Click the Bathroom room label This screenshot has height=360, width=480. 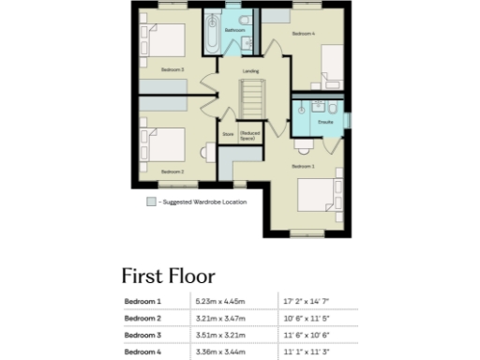click(234, 31)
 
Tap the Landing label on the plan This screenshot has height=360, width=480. click(250, 71)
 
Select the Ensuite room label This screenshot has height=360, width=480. click(326, 123)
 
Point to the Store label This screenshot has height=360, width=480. click(227, 134)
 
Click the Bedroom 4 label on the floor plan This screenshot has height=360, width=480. click(303, 34)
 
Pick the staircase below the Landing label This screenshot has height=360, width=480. click(251, 99)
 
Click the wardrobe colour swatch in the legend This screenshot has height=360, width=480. click(151, 202)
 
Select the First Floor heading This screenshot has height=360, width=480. click(168, 276)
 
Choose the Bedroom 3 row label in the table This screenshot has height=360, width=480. click(143, 335)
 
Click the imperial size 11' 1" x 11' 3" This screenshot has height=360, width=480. click(306, 352)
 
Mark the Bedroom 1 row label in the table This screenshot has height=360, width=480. click(143, 302)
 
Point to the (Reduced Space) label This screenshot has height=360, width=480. click(249, 134)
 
